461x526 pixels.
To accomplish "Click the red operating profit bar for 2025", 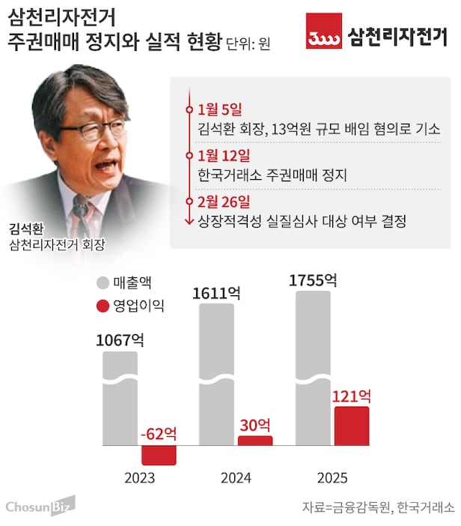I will (x=351, y=426).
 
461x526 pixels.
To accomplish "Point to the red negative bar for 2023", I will (x=159, y=455).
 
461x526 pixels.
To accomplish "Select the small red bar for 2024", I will (x=255, y=441).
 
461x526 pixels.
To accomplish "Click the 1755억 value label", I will (x=313, y=281).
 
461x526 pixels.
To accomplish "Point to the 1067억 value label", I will (x=120, y=339).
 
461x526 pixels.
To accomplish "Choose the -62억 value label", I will (x=158, y=434).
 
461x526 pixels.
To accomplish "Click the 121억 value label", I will (x=350, y=396).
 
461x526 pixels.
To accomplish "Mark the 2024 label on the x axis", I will (x=236, y=478).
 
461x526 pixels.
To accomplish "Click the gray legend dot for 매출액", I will (x=103, y=284).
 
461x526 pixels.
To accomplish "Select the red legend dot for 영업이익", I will (x=103, y=306).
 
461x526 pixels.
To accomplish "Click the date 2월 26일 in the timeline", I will (x=224, y=202).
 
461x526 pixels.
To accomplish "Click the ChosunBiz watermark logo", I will (x=40, y=507).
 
